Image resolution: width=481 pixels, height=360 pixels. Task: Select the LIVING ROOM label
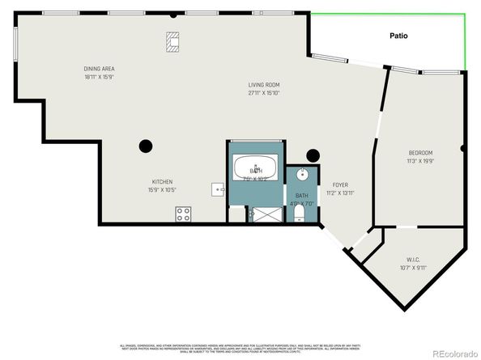[x=264, y=85]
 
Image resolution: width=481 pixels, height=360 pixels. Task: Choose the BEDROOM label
[x=420, y=153]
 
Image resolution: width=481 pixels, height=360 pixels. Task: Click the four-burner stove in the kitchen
[x=184, y=214]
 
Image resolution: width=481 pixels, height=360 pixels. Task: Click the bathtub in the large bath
[x=256, y=168]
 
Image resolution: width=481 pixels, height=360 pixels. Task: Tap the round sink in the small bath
[x=302, y=174]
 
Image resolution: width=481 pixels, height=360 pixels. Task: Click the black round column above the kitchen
[x=146, y=146]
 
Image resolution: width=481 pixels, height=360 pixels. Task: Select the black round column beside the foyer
[x=313, y=156]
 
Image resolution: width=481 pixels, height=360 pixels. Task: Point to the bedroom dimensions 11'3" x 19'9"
[x=420, y=161]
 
